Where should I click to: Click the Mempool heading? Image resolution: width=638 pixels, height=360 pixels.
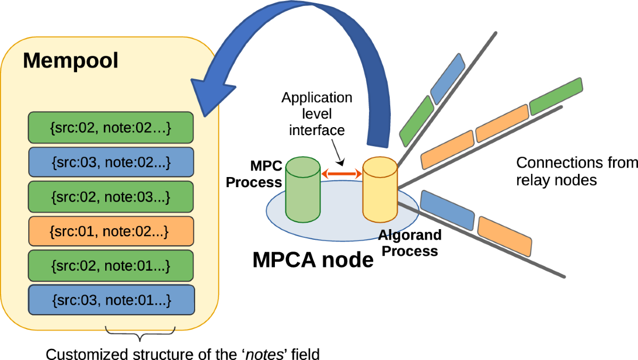(x=70, y=61)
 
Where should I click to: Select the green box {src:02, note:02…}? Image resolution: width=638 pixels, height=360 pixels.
(x=111, y=128)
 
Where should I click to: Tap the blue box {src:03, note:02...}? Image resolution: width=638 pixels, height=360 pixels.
(x=111, y=163)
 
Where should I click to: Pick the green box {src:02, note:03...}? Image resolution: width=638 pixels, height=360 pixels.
(x=111, y=197)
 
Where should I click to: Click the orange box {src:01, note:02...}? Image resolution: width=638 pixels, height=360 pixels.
(x=111, y=232)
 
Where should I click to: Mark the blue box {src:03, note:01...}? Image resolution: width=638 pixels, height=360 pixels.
(x=111, y=301)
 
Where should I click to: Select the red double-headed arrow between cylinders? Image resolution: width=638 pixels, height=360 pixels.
(x=341, y=173)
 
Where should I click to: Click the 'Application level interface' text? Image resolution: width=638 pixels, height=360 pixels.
(x=317, y=114)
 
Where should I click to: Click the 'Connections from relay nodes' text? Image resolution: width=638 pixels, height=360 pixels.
(x=576, y=171)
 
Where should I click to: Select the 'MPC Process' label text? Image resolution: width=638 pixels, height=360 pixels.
(x=254, y=174)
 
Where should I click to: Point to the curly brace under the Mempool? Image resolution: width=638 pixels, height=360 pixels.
(x=140, y=333)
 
